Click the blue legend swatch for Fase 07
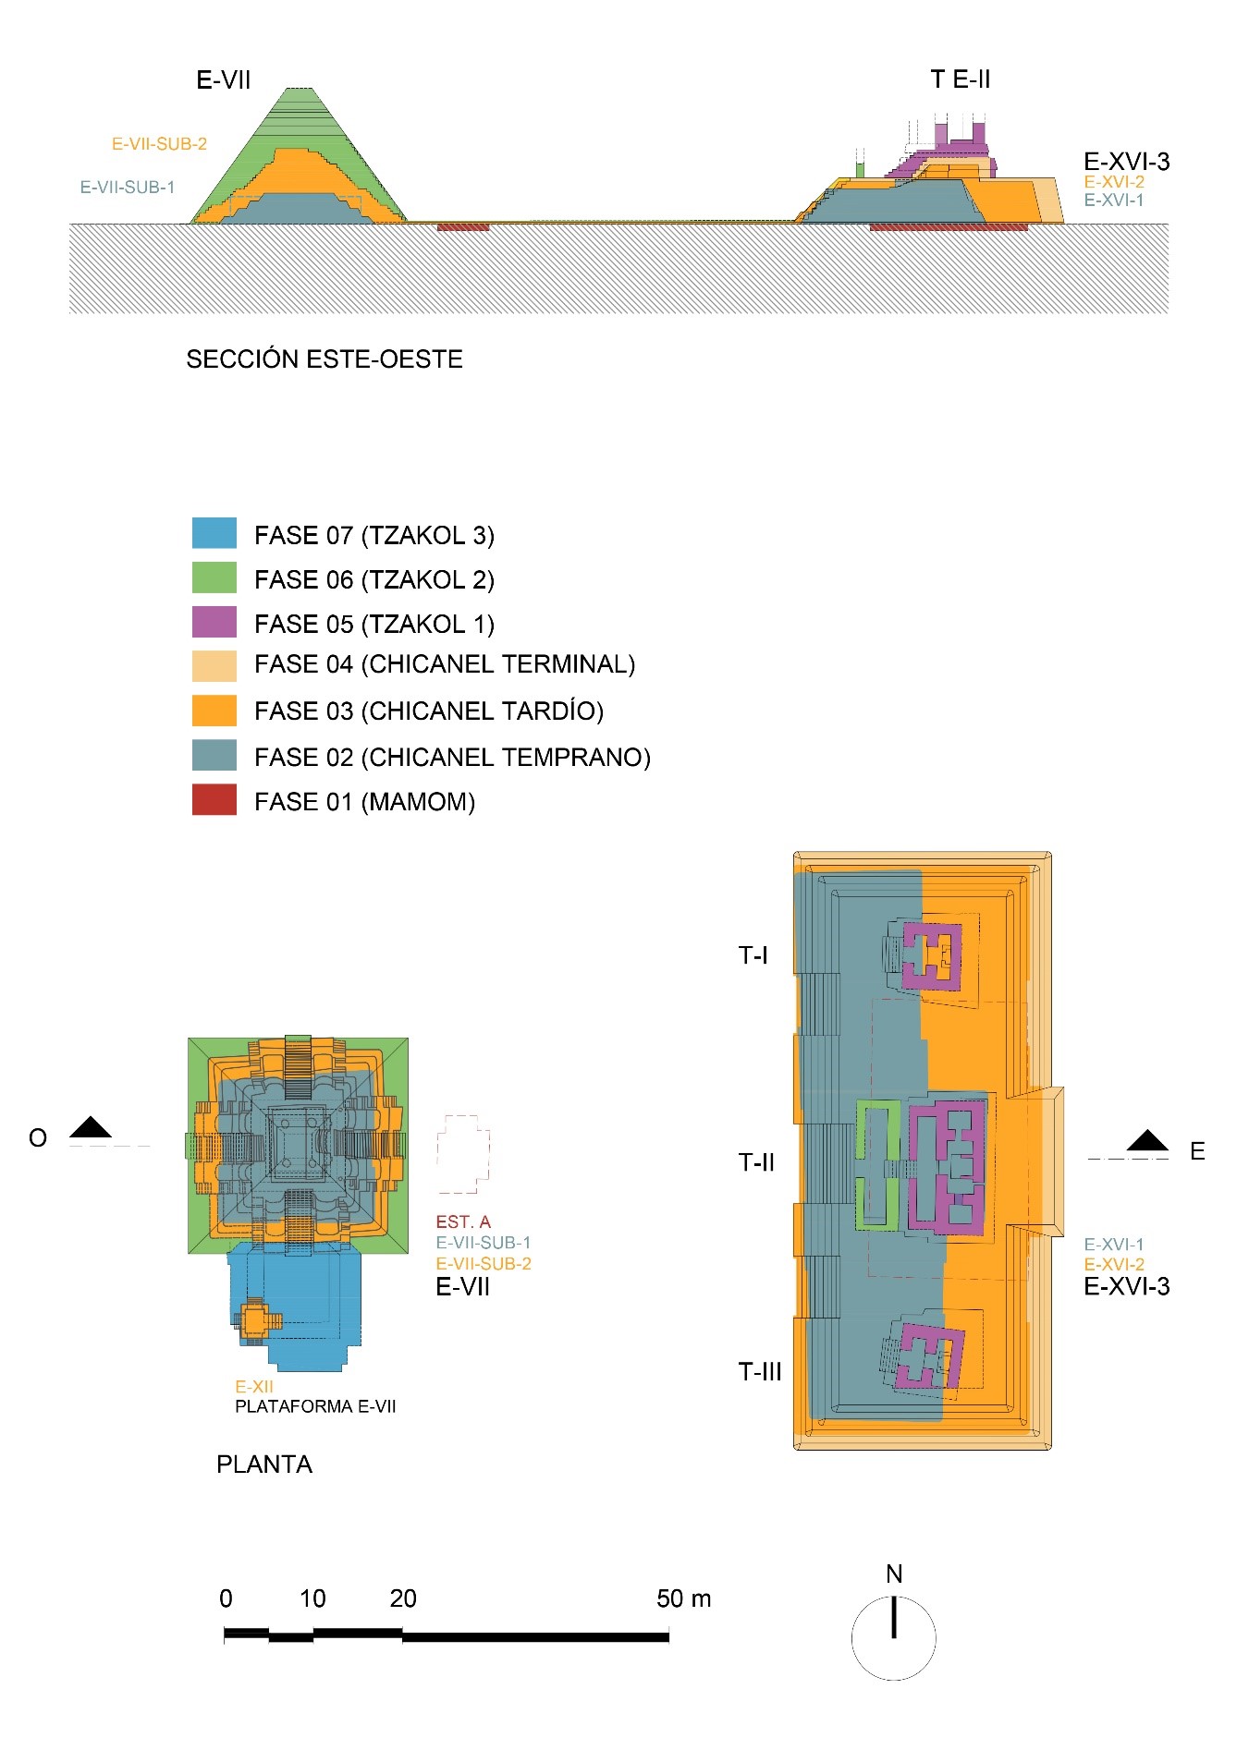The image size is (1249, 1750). (214, 533)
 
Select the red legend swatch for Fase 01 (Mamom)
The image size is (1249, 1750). (214, 800)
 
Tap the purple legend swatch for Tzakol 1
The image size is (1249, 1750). (214, 622)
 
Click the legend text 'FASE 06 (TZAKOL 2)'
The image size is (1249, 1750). (374, 580)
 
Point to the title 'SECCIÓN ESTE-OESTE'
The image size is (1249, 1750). (324, 359)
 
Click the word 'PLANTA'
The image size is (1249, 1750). (264, 1464)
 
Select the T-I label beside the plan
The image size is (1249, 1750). (753, 955)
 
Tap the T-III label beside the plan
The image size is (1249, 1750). (760, 1372)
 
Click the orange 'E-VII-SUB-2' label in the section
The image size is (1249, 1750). (159, 144)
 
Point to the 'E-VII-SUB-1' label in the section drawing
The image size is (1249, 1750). (128, 188)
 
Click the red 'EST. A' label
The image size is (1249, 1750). (463, 1222)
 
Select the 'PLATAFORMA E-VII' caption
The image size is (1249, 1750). (315, 1407)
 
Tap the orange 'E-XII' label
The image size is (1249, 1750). (254, 1387)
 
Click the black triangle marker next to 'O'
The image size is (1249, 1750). (91, 1128)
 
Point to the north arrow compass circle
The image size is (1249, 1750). (893, 1638)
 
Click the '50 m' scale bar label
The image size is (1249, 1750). (684, 1599)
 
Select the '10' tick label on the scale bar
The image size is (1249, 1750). (312, 1599)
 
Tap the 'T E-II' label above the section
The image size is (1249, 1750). (961, 79)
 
